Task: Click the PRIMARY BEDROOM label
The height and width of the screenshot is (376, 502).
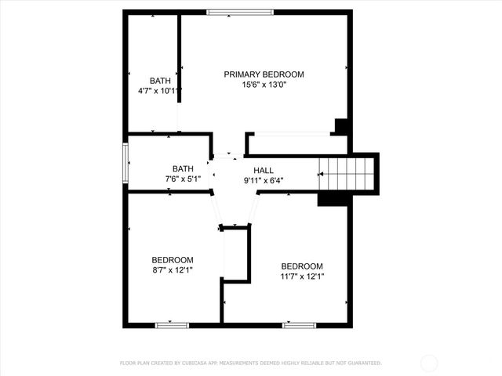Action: click(264, 74)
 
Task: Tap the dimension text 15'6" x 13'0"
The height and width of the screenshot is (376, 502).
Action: click(264, 85)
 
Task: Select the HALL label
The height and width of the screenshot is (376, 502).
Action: click(264, 170)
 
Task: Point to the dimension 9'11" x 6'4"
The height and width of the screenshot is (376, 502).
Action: click(264, 180)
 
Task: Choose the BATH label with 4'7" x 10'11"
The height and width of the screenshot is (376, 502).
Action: click(160, 81)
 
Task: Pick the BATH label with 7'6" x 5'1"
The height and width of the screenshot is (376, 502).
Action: click(183, 168)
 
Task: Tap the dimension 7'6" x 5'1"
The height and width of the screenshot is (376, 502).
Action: click(183, 179)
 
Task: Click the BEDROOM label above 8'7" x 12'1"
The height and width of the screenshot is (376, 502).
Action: click(173, 260)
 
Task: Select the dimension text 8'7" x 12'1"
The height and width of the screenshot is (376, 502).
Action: click(173, 270)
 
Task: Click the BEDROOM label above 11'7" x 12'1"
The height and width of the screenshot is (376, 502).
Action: click(302, 266)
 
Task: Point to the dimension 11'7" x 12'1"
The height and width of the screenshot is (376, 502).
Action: click(302, 277)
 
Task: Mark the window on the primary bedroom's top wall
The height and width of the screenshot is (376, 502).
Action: click(240, 12)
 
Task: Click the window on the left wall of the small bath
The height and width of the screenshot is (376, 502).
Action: click(125, 162)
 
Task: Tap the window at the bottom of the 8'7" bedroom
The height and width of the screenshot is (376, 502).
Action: click(172, 324)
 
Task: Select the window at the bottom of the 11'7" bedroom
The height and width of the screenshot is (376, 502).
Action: click(299, 324)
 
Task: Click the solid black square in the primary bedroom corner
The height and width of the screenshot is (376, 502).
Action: click(341, 126)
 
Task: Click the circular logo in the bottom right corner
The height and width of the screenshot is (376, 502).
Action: click(429, 363)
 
